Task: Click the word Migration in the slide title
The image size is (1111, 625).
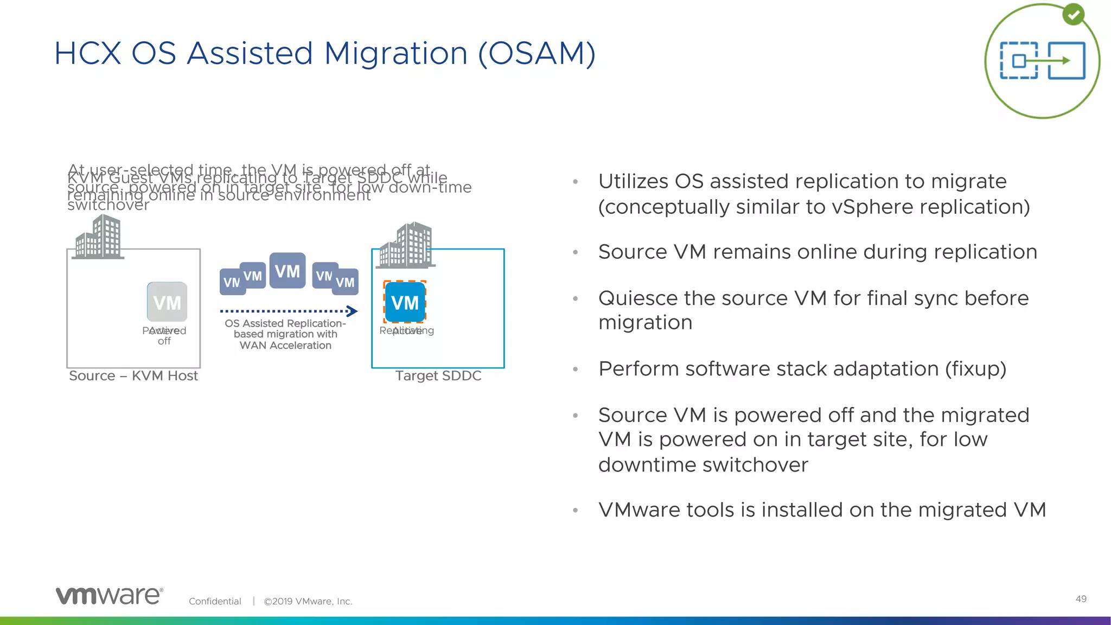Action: click(395, 54)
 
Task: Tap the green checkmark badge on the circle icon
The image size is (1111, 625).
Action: click(1073, 15)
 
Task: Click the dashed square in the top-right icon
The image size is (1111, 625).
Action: click(1019, 61)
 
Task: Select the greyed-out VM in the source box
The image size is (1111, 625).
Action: click(167, 302)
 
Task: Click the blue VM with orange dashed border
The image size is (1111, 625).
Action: click(405, 302)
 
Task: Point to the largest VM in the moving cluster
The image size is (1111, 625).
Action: click(288, 270)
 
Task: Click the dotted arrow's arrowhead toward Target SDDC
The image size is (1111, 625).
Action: click(353, 311)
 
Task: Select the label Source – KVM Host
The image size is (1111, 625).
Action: click(133, 376)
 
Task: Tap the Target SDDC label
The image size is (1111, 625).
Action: click(438, 376)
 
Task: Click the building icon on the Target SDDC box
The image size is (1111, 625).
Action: click(407, 245)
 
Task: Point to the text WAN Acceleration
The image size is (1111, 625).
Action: click(285, 346)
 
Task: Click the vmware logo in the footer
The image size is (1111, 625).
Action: click(109, 596)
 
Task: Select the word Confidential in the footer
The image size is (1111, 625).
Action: click(215, 601)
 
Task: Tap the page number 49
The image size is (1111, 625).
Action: click(1081, 599)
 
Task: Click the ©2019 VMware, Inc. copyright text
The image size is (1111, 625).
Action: click(308, 601)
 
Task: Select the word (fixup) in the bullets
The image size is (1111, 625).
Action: click(975, 369)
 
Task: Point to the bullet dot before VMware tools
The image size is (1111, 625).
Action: click(576, 511)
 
